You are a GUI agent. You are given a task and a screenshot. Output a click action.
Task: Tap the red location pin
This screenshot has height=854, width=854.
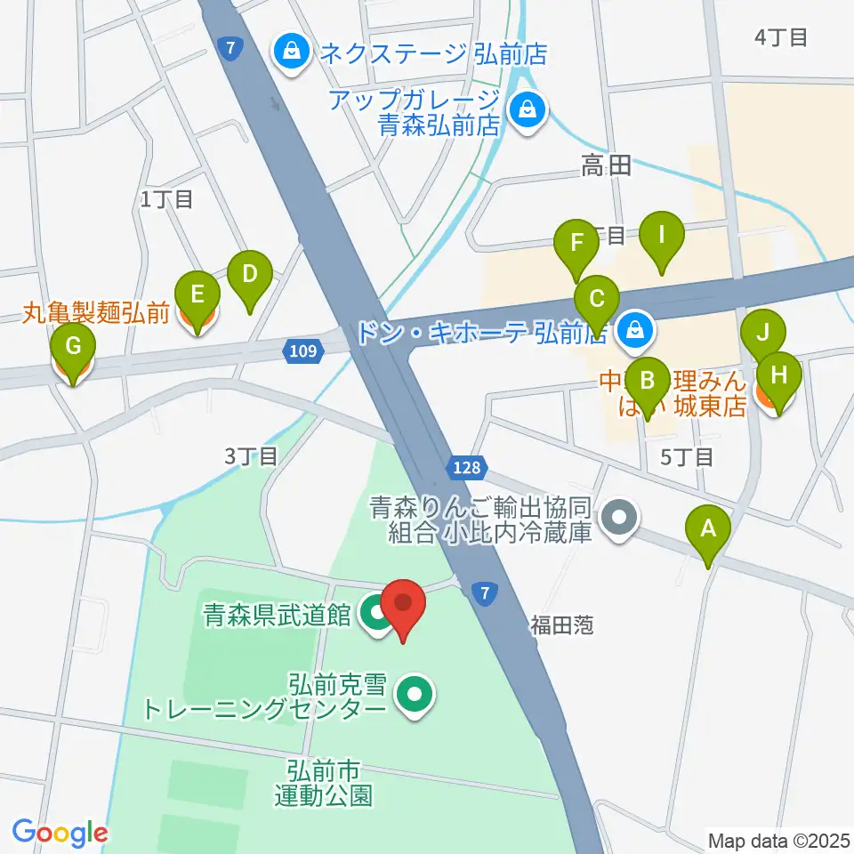(x=404, y=605)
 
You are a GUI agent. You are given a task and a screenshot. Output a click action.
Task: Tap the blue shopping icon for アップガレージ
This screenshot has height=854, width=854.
(x=528, y=111)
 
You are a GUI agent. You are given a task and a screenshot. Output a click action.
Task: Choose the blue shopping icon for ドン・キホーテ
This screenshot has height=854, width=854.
(x=635, y=331)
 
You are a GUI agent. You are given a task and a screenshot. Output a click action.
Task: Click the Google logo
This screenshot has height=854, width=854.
(x=60, y=832)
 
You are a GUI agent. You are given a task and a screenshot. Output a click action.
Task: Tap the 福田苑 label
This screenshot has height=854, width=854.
(x=562, y=625)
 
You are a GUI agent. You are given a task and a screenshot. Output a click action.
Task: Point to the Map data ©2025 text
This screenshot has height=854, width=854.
(x=778, y=839)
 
